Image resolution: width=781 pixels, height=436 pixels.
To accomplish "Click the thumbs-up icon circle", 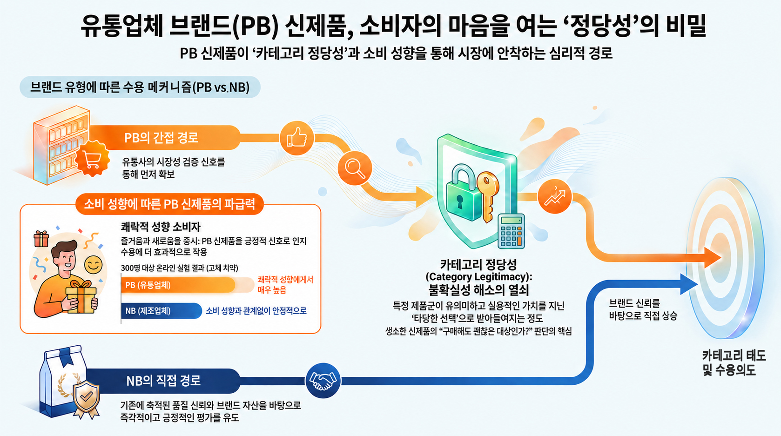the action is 296,138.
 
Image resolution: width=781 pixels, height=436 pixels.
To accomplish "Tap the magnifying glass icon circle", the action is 355,169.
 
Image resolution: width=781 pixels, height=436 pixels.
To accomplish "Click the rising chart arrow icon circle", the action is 555,197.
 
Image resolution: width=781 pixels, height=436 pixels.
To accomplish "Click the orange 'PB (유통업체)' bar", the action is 178,285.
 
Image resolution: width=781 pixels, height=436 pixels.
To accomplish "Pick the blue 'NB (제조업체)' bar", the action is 162,310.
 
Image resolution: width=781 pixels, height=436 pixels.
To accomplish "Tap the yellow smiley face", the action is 94,265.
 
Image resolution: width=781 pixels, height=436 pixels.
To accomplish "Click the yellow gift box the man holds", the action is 81,296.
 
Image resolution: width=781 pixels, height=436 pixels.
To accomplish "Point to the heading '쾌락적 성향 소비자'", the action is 161,227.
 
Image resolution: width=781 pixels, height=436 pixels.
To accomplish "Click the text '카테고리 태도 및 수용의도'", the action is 734,362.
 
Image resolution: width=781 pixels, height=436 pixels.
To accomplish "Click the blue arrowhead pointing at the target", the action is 688,284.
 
